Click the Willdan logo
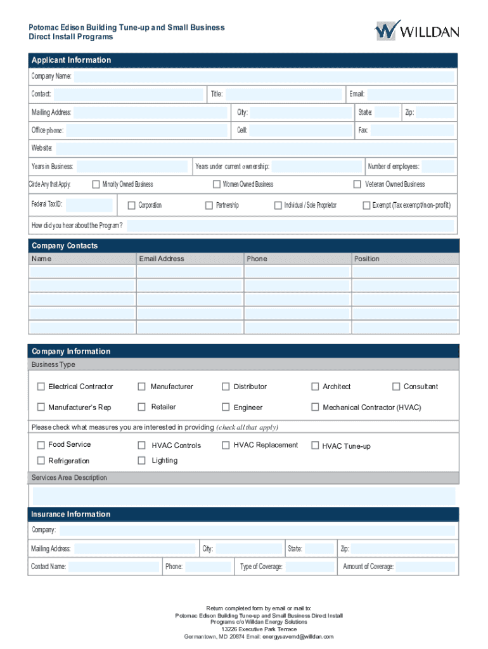pos(416,30)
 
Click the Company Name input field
pos(264,77)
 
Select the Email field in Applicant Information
pos(411,94)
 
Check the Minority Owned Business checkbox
pos(96,184)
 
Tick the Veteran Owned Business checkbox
pos(357,184)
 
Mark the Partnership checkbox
pos(209,205)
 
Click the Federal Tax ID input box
pos(89,205)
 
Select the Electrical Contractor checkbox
pos(41,387)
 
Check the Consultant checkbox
pos(397,387)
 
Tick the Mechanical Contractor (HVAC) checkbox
pos(315,408)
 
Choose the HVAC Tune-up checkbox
pos(315,446)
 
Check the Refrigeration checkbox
pos(41,461)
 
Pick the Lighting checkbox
pos(142,461)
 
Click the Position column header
pos(367,259)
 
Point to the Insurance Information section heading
pos(71,514)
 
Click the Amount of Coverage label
pos(368,567)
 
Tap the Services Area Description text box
pos(244,496)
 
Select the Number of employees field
pos(438,167)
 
